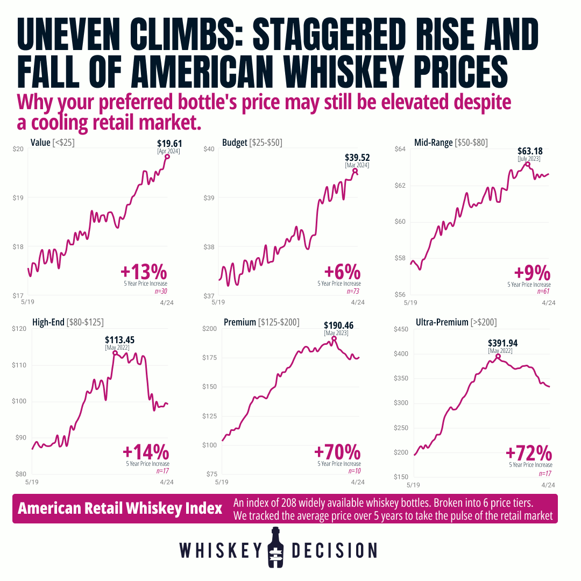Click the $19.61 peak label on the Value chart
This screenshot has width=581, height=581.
pyautogui.click(x=168, y=144)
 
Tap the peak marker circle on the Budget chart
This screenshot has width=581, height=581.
pyautogui.click(x=355, y=171)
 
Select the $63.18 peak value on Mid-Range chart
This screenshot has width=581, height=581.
pyautogui.click(x=529, y=151)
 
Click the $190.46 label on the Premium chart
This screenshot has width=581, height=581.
pyautogui.click(x=336, y=325)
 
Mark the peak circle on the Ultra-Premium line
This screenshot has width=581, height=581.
pyautogui.click(x=498, y=356)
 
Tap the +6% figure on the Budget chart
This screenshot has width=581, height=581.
pyautogui.click(x=342, y=271)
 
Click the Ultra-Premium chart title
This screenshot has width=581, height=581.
pyautogui.click(x=456, y=322)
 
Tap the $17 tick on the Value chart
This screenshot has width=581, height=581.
pyautogui.click(x=18, y=296)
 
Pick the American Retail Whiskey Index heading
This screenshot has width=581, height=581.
pyautogui.click(x=120, y=509)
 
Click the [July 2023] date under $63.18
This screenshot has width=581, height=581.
pyautogui.click(x=529, y=159)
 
